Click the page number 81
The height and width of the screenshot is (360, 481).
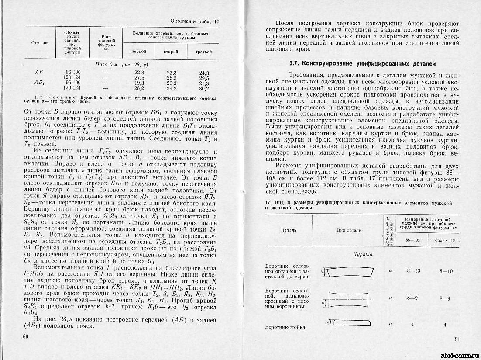tap(457, 339)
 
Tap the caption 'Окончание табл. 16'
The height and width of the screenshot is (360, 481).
tap(195, 21)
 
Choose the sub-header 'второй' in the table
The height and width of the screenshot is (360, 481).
tap(171, 52)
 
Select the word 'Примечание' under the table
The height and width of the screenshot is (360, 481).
tap(51, 98)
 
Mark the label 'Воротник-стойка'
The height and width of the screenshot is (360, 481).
tap(285, 327)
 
